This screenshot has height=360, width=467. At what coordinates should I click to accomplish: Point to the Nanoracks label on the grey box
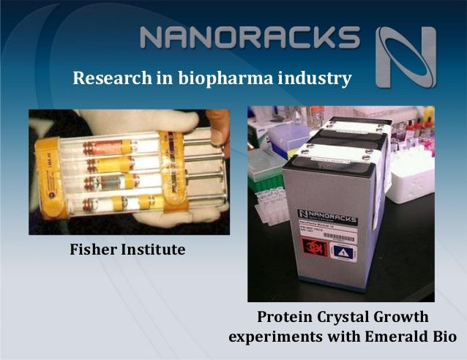[x=325, y=213]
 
